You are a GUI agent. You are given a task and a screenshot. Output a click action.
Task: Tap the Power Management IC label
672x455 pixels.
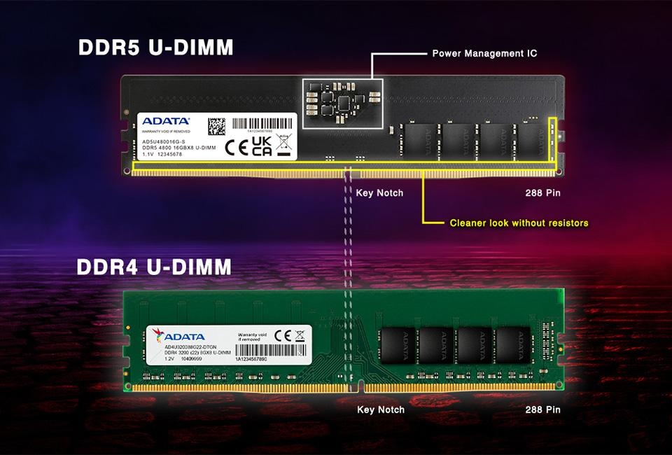click(484, 53)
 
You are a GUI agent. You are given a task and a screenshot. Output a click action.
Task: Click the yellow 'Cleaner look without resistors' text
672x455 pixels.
click(519, 223)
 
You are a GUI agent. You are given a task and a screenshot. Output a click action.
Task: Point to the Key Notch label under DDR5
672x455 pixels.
click(379, 192)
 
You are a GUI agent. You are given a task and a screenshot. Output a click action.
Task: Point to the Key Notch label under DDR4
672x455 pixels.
click(381, 409)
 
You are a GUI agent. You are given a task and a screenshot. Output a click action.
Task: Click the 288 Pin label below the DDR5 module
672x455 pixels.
click(542, 192)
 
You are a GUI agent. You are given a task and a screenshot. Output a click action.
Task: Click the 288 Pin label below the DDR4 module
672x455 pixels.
click(542, 409)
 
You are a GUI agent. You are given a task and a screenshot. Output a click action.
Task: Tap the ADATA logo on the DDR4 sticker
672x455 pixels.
click(184, 335)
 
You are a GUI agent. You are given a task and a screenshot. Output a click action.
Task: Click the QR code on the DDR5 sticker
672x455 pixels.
click(217, 127)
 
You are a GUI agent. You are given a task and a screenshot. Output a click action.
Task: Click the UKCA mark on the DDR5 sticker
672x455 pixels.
click(261, 146)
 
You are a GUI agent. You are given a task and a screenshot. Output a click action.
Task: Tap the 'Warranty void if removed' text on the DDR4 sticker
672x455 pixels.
click(252, 337)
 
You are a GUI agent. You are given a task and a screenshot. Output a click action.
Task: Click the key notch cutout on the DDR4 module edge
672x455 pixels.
click(359, 386)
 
